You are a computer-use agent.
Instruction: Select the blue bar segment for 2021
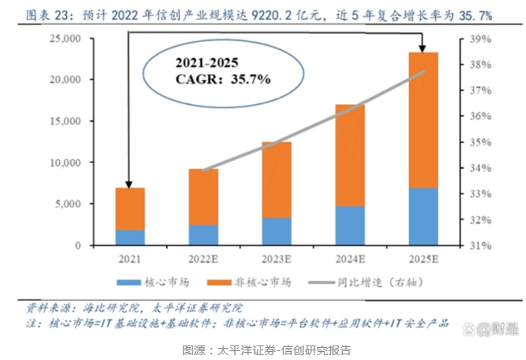click(129, 237)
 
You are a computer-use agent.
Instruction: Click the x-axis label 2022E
click(203, 259)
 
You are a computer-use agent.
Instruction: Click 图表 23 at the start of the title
click(48, 15)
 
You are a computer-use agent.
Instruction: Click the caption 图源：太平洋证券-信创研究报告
click(266, 350)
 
